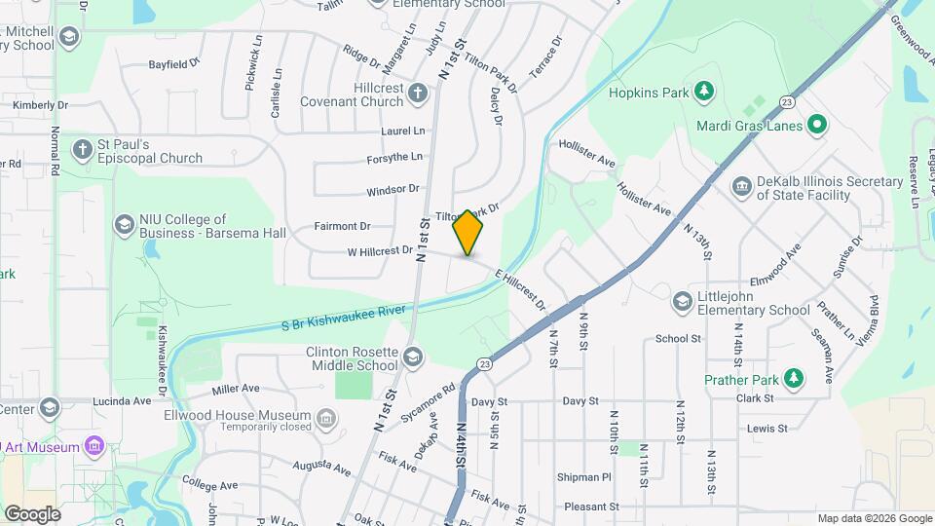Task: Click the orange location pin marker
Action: pos(468,232)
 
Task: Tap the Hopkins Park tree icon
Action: pos(703,93)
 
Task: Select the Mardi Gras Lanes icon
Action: pos(818,126)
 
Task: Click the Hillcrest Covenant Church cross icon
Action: pos(418,94)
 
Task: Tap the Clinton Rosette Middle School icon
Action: pos(413,357)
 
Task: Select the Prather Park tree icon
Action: pos(796,378)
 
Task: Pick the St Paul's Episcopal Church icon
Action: pos(83,150)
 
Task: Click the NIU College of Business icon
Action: pos(124,226)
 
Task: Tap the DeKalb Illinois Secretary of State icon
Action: pos(741,186)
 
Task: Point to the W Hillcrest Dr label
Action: pos(380,251)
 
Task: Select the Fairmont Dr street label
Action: pos(343,226)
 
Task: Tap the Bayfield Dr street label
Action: pos(173,64)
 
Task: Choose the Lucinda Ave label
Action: pos(122,400)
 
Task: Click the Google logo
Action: pos(31,513)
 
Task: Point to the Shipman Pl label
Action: pos(584,477)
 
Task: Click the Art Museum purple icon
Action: pos(94,446)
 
